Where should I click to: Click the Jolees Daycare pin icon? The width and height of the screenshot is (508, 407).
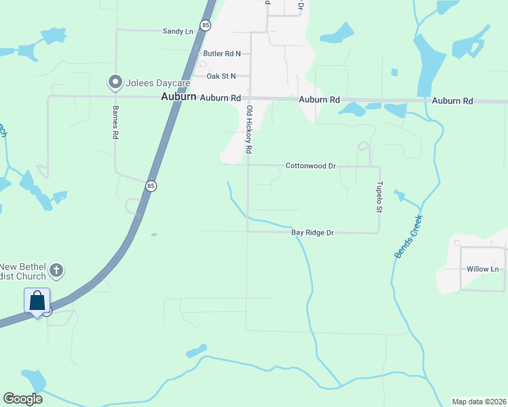point(115,83)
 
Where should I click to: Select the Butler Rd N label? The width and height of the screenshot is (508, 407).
point(222,53)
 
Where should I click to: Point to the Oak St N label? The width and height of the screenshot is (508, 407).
point(221,77)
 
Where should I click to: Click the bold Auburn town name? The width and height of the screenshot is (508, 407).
point(179,98)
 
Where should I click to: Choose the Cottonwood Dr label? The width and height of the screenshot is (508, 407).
point(311,166)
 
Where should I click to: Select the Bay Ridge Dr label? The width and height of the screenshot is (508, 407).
point(313,233)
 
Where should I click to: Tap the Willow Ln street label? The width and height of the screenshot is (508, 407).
point(483,269)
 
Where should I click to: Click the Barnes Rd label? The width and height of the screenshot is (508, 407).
point(115,123)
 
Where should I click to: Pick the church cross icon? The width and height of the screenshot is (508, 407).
point(57,271)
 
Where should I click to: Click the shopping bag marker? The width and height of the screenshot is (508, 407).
point(37,301)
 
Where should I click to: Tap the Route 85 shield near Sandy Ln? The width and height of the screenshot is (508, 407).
point(206,25)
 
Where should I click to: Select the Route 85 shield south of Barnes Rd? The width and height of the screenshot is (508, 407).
point(151,185)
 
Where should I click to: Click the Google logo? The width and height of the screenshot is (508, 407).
point(22,399)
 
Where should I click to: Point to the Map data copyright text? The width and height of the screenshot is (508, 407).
point(479,402)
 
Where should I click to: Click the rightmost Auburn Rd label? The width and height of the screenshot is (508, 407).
point(452,100)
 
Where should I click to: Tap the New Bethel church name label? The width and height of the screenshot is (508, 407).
point(24,271)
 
